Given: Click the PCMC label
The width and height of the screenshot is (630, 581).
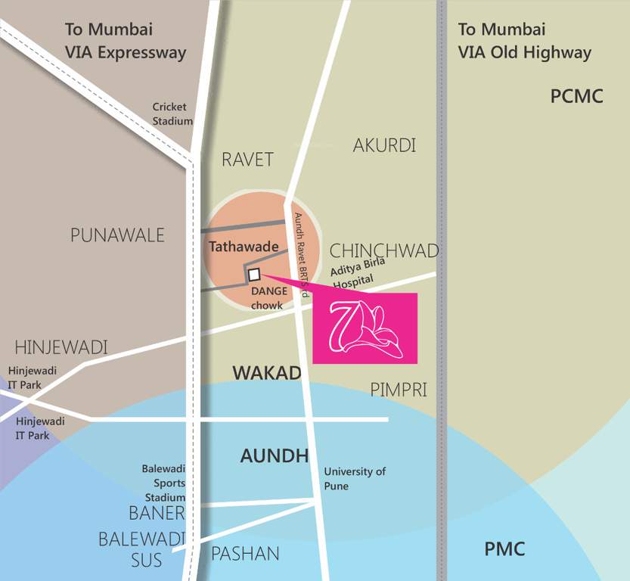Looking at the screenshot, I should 576,97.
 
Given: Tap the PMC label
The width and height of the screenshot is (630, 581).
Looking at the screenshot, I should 504,549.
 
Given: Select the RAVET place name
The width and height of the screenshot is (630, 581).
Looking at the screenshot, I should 247,160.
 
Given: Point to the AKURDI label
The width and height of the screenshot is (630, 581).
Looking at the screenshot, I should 384,145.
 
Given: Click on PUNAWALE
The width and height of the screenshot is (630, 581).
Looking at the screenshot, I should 117,235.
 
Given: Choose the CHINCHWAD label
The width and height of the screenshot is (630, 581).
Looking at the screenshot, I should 383,250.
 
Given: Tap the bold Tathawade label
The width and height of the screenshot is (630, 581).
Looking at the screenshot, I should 244,247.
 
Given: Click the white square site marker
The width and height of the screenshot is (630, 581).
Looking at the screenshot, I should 254,275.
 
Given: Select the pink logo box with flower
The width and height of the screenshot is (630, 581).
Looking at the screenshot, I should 365,328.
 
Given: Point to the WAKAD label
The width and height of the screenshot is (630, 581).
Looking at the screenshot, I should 267,373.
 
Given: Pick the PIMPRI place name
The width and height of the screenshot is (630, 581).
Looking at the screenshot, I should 399,390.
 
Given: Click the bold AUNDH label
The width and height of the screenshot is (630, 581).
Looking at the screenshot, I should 274,455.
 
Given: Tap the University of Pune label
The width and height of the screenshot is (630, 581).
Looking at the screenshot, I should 355,479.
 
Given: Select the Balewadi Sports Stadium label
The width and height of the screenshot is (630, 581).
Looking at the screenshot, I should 163,483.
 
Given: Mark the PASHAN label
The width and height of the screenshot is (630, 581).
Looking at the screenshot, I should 245,554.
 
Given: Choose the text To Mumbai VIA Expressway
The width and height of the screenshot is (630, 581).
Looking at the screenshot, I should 125,41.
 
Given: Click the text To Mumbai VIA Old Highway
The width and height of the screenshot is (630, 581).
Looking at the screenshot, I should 524,41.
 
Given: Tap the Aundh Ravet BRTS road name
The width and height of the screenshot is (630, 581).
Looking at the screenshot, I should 303,254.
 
